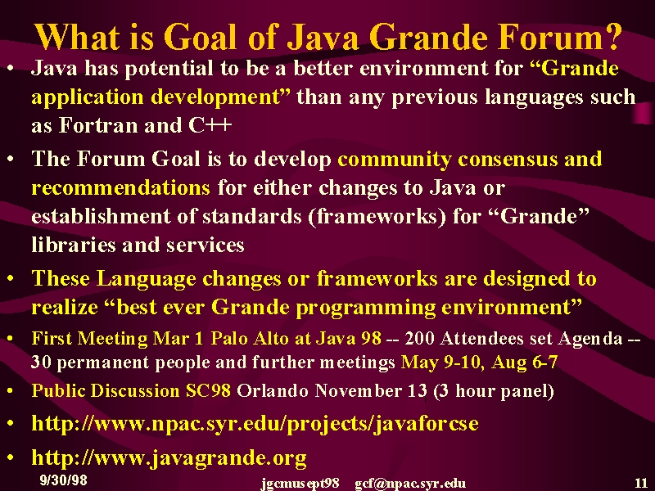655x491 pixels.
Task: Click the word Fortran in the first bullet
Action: (97, 125)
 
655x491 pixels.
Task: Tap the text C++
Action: (210, 125)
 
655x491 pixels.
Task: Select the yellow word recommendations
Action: (120, 187)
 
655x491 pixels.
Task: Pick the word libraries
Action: (74, 245)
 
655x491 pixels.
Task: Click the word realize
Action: (65, 308)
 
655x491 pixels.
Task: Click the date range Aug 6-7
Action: (525, 362)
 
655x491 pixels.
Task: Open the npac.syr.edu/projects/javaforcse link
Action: (255, 423)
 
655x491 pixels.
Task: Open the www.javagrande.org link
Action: (169, 457)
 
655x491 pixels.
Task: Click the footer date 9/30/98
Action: (64, 480)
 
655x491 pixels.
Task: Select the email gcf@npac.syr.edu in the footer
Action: (410, 484)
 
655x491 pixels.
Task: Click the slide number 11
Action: (641, 483)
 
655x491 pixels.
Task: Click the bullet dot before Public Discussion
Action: (11, 391)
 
